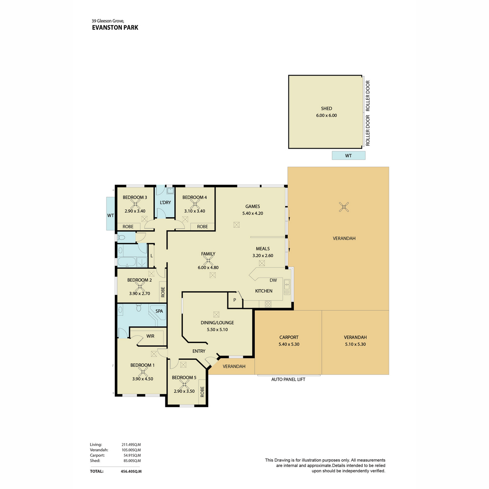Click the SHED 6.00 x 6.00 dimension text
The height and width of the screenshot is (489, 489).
point(326,115)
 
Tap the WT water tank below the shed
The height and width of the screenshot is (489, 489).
point(348,156)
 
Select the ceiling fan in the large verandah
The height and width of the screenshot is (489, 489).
point(344,207)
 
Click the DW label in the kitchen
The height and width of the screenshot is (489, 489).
point(273,280)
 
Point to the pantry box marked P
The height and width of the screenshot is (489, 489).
point(235,300)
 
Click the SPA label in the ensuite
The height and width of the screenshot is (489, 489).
point(159,311)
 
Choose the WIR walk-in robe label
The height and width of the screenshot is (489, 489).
point(150,336)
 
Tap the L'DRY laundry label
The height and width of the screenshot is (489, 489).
point(165,203)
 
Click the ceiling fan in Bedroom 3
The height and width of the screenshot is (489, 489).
point(135,204)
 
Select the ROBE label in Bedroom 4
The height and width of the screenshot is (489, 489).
point(202,227)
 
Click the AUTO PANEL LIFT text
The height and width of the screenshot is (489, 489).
point(288,379)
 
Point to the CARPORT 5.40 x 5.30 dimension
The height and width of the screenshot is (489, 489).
point(289,344)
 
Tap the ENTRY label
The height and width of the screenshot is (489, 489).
point(199,351)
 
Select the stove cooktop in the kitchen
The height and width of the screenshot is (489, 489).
point(268,304)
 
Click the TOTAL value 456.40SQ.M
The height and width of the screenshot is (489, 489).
point(131,471)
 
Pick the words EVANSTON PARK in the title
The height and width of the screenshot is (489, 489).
point(115,28)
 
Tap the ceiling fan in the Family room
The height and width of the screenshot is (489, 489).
point(208,260)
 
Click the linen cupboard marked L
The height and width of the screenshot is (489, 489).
point(152,256)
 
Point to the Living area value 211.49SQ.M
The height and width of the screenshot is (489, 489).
point(131,445)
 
